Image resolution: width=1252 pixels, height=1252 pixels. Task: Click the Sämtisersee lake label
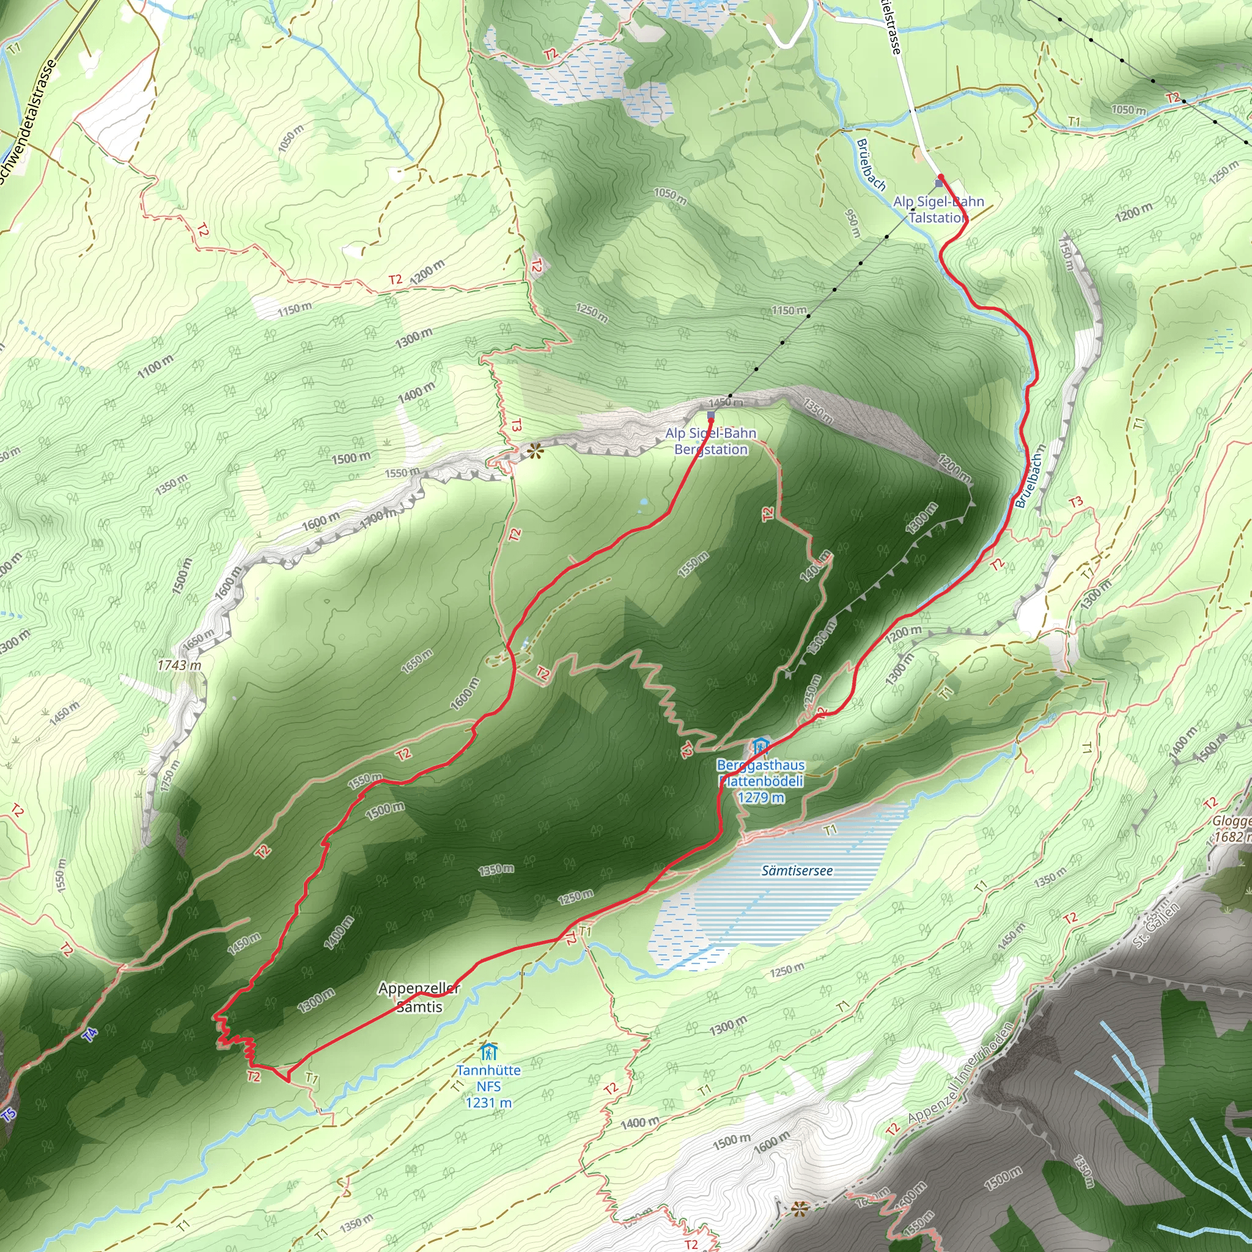point(797,871)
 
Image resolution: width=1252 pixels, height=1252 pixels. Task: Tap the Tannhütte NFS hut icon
point(488,1051)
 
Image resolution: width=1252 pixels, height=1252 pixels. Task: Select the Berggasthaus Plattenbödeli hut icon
point(760,746)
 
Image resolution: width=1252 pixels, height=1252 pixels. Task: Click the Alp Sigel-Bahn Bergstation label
point(711,441)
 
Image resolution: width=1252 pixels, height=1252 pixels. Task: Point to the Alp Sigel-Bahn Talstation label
point(938,209)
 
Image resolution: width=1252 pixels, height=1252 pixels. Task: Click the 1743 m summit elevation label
point(179,666)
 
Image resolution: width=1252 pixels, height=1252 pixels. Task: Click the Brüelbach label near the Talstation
point(870,165)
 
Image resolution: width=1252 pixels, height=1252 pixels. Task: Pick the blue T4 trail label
point(90,1035)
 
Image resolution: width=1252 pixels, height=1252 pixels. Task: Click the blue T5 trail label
point(8,1115)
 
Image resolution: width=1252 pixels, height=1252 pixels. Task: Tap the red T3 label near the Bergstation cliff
point(516,425)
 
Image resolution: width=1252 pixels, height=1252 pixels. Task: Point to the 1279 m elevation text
point(760,798)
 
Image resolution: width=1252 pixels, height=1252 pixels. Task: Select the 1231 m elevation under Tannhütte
point(488,1102)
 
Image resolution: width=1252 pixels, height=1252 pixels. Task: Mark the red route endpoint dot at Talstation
point(940,177)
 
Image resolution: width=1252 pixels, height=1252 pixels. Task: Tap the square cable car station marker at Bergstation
point(711,415)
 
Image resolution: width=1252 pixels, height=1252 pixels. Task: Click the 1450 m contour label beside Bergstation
point(725,402)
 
